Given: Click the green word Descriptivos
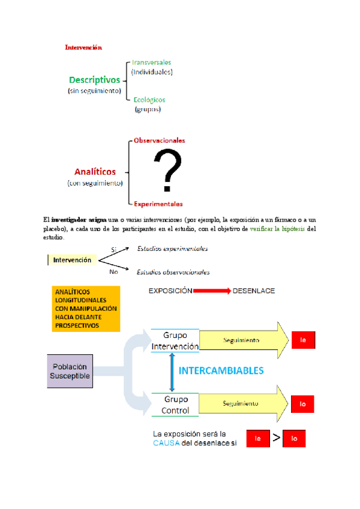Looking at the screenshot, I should (94, 79).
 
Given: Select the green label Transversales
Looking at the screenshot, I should (152, 62).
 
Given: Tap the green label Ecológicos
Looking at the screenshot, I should (149, 100).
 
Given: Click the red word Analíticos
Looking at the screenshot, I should (95, 172).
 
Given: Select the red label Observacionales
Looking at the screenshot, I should (159, 140).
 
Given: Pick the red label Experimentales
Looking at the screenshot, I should (158, 203).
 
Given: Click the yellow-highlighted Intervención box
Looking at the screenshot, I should (72, 260).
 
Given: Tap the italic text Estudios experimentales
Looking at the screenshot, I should (173, 248).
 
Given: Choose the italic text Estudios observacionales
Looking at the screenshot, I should (173, 272).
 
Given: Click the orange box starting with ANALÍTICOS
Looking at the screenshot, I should (86, 309).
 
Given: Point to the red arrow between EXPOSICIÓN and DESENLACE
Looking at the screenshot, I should (212, 291).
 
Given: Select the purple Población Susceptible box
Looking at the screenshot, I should (70, 371).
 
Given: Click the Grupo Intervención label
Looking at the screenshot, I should (175, 341).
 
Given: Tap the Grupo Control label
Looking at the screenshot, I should (175, 405).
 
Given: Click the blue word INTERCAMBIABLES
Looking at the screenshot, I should (221, 371).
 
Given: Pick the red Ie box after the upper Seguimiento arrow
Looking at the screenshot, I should (304, 340).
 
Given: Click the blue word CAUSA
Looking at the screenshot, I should (166, 443).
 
